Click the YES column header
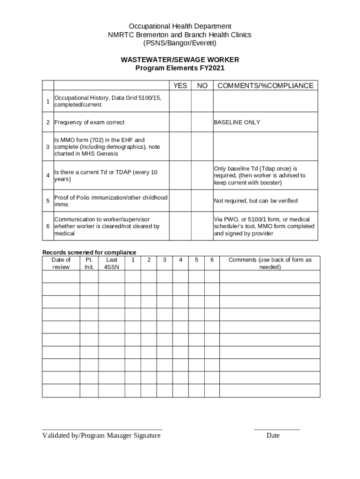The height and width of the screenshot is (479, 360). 180,86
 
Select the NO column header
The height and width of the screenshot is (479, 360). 202,86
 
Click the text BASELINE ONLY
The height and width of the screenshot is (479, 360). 237,123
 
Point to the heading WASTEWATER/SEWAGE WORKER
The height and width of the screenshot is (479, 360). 180,60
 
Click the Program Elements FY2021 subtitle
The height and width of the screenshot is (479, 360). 180,68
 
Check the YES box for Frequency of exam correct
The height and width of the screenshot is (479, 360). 180,123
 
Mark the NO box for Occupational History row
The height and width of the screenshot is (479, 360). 202,102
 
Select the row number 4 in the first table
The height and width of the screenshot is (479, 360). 48,175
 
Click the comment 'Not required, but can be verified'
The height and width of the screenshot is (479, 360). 256,201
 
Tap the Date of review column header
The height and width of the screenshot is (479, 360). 61,263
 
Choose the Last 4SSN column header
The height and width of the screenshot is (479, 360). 112,263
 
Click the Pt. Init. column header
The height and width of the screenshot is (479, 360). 89,263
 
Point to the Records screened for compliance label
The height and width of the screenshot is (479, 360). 89,253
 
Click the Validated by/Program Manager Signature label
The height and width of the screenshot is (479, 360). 101,436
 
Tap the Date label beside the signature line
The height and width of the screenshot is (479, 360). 273,436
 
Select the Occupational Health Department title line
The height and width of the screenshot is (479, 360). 180,26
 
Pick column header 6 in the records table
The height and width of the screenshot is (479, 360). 212,260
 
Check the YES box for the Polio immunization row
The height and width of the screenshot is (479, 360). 180,201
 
